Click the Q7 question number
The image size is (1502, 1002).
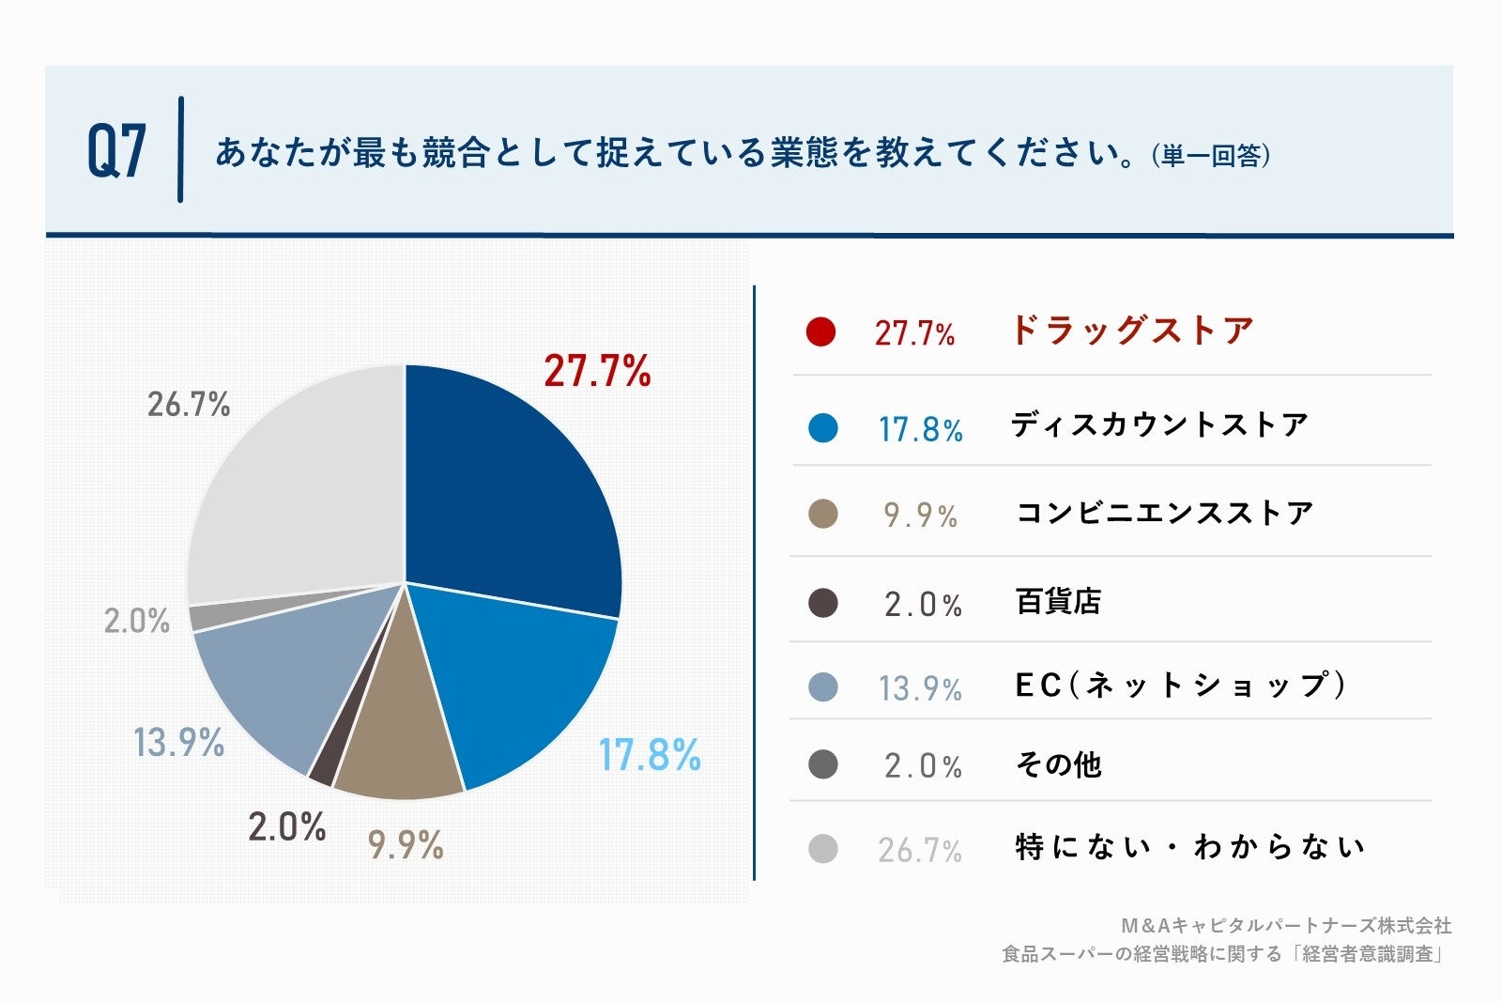click(x=116, y=151)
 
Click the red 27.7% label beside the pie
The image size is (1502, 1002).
click(x=597, y=371)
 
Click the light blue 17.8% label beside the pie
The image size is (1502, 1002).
click(x=650, y=755)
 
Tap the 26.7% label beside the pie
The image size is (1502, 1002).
click(x=189, y=405)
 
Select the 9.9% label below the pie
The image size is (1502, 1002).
click(x=406, y=845)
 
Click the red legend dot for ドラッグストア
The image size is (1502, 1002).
click(x=820, y=331)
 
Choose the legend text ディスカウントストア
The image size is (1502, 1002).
click(x=1159, y=425)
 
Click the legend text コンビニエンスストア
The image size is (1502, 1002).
click(x=1164, y=513)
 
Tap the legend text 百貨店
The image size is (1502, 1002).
click(x=1058, y=601)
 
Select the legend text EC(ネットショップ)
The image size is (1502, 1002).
click(x=1181, y=686)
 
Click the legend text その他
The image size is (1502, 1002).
click(x=1058, y=765)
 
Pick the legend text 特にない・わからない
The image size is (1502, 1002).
click(x=1190, y=848)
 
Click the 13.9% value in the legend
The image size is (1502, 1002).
click(x=920, y=688)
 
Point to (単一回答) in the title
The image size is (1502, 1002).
click(x=1211, y=156)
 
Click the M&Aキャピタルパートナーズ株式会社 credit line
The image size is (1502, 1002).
click(x=1286, y=926)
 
